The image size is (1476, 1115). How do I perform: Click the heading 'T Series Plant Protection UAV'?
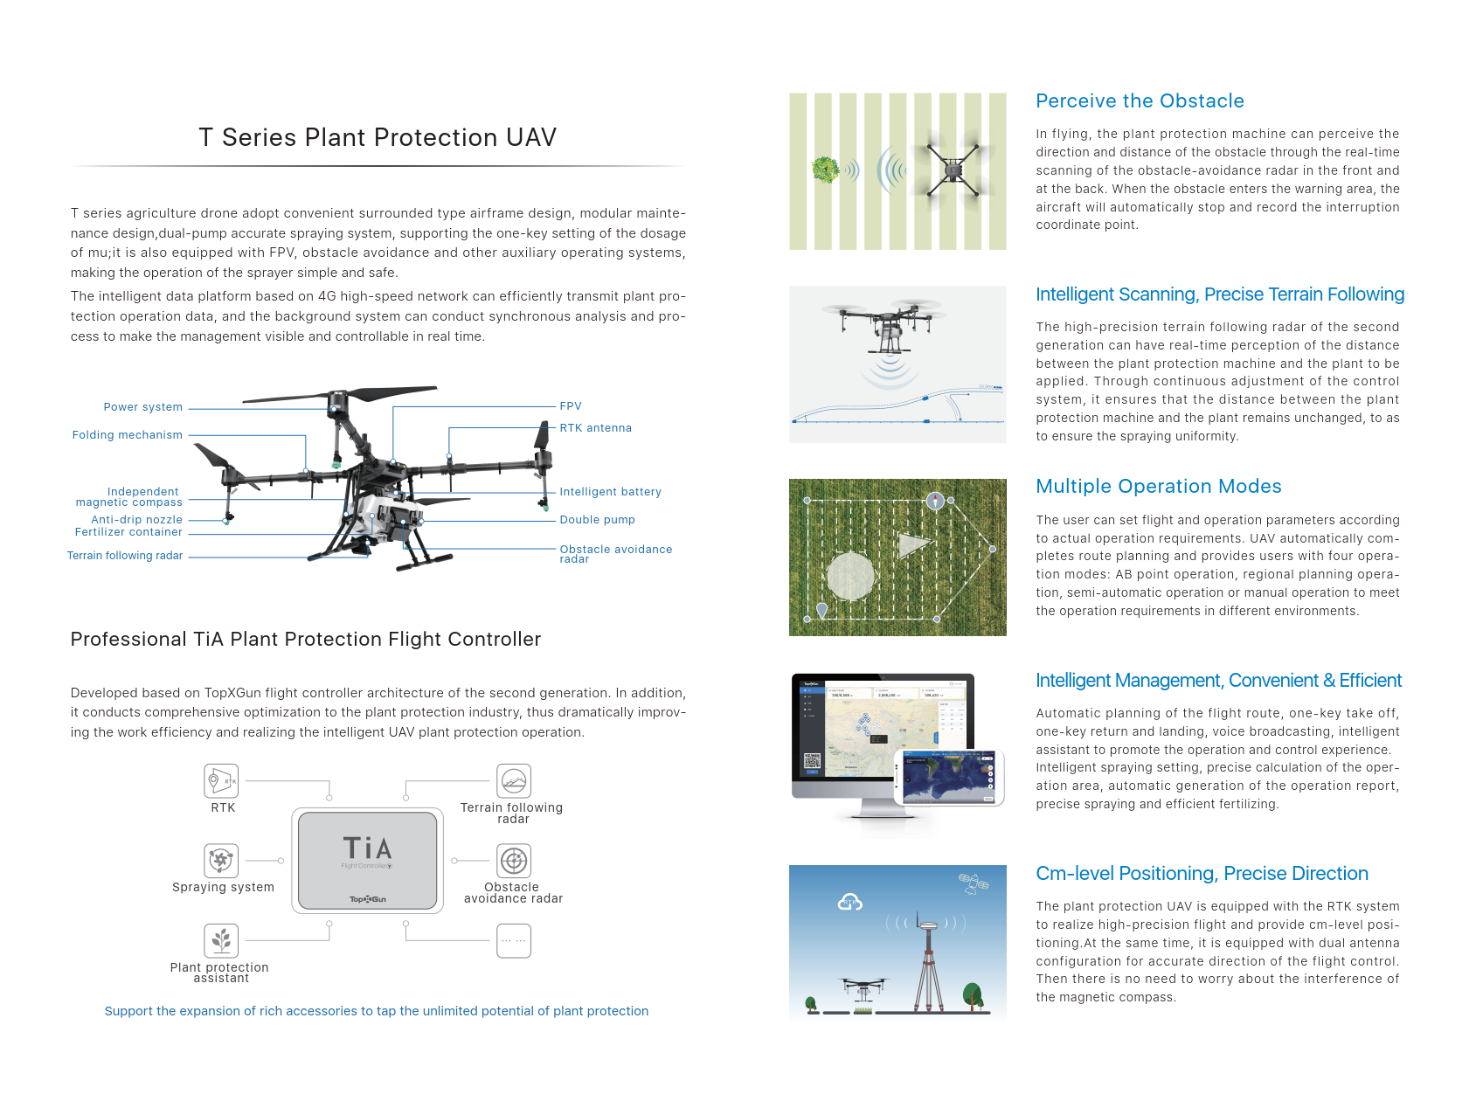[378, 137]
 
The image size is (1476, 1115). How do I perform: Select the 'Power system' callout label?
[143, 407]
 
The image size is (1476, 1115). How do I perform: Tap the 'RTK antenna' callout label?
[595, 428]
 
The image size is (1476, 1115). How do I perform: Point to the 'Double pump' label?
[597, 520]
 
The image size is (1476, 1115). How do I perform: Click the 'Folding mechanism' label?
[128, 435]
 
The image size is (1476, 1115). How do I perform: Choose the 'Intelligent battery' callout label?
[610, 492]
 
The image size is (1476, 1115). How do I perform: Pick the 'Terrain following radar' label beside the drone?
[125, 556]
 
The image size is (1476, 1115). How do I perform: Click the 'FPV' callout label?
[571, 406]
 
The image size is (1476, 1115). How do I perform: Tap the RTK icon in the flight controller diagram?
[221, 780]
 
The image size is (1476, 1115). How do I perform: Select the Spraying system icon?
[221, 860]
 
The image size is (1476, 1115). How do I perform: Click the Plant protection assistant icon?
[221, 940]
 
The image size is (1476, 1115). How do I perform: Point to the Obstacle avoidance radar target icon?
[514, 861]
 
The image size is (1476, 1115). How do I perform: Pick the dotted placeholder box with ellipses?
[514, 941]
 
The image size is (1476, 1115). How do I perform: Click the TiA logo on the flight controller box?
[367, 848]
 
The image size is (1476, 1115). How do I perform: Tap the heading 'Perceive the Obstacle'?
[1140, 101]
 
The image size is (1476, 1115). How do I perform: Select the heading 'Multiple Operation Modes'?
[1158, 487]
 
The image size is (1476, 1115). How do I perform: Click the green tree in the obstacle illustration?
[825, 169]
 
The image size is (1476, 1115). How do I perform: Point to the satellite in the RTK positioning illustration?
[973, 883]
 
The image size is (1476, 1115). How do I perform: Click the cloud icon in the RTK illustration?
[850, 902]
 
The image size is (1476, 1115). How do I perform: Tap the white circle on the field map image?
[850, 576]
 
